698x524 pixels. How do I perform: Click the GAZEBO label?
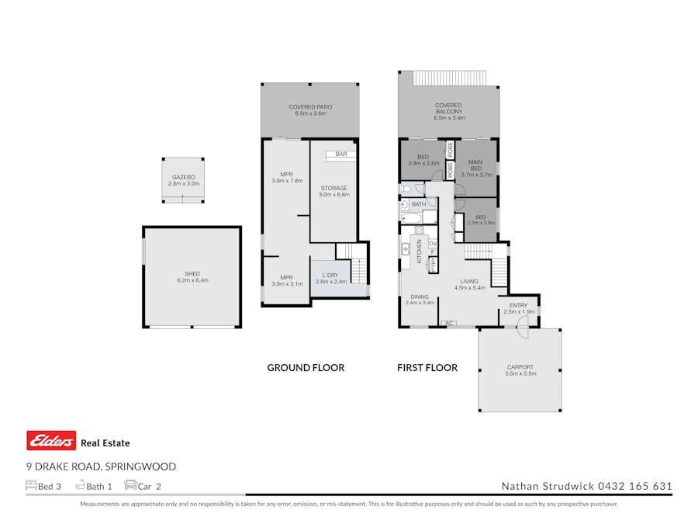(184, 177)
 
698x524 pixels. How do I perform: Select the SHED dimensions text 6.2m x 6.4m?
(192, 280)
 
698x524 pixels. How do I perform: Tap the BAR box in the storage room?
(340, 155)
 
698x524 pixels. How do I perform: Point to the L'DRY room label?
(330, 275)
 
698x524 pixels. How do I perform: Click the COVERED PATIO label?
(310, 107)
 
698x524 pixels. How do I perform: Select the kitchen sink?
(406, 248)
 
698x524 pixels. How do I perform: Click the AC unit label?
(447, 323)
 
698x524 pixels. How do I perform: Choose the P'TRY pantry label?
(433, 264)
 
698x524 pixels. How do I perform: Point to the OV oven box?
(433, 244)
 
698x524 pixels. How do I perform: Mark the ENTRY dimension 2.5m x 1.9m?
(517, 312)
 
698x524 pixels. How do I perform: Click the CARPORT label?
(520, 367)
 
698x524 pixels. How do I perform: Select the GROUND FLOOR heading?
(306, 368)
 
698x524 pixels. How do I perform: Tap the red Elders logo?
(51, 441)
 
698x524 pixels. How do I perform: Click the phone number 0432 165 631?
(634, 487)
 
